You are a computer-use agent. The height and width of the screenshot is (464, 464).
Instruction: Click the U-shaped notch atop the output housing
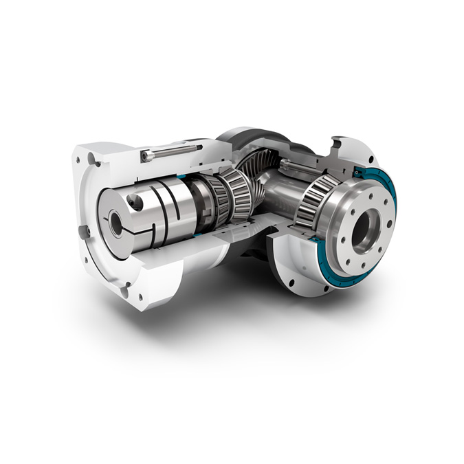tap(335, 144)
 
